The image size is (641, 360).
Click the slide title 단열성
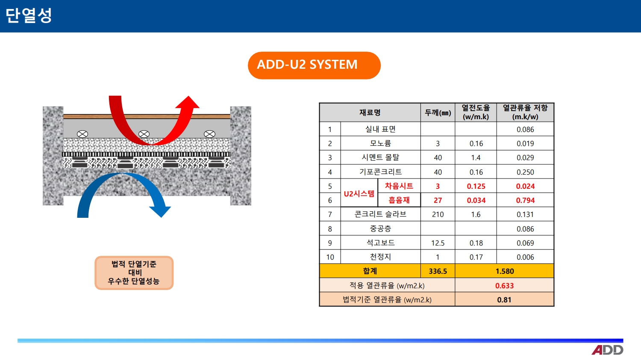(29, 15)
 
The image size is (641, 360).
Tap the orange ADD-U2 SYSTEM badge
(314, 65)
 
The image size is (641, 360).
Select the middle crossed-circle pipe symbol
(144, 134)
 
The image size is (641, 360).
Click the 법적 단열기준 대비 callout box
(134, 273)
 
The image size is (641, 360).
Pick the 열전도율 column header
(476, 112)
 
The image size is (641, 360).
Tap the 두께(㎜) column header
(438, 112)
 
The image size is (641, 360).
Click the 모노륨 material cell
(380, 143)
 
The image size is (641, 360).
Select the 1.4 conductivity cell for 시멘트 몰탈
(476, 158)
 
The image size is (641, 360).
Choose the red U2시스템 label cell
(359, 193)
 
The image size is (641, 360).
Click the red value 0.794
(525, 200)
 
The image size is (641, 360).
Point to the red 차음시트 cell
(399, 186)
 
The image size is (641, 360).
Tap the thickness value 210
(438, 214)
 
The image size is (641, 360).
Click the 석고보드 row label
(380, 243)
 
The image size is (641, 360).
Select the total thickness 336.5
(438, 271)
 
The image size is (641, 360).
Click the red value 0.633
(504, 286)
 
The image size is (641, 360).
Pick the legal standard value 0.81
(504, 300)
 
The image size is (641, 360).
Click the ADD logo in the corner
(608, 350)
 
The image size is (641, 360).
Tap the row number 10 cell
(330, 257)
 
